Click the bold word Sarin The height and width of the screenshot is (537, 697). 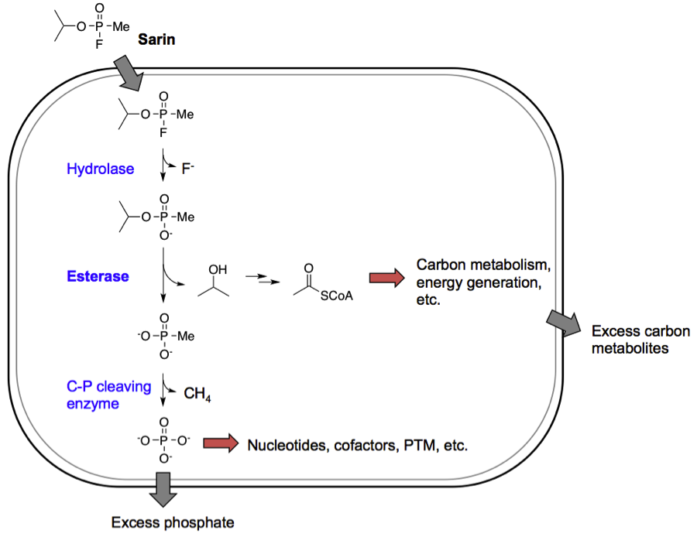point(156,38)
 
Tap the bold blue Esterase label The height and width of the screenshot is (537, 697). point(98,276)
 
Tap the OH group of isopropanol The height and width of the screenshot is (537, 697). point(218,270)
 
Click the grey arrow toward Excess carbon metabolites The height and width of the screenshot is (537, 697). point(565,321)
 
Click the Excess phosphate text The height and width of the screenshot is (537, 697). point(172,522)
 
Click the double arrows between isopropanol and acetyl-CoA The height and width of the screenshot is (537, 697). point(255,279)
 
